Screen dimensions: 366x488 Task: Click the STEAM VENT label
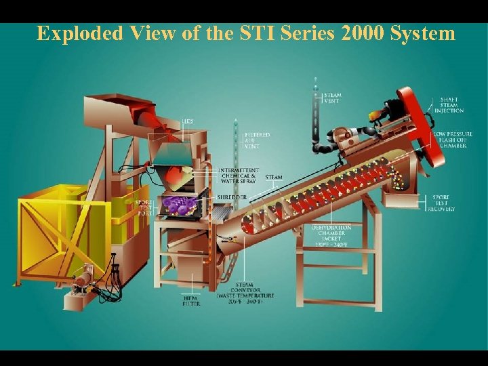332,99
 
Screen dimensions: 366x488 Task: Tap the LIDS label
187,121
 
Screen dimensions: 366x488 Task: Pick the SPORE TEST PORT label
143,207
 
